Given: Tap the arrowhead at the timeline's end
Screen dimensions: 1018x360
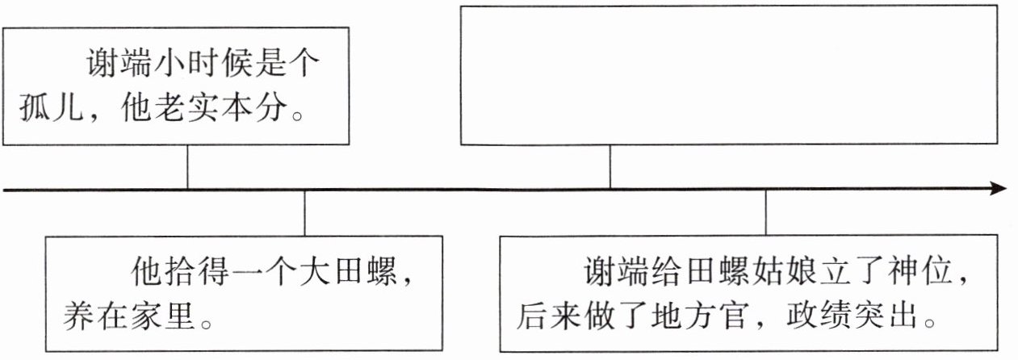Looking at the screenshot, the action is coord(999,189).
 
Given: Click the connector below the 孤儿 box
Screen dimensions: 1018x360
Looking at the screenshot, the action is coord(187,167).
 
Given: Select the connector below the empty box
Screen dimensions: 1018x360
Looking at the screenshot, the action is coord(610,167).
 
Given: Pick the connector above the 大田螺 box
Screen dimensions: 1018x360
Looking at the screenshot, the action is coord(304,213).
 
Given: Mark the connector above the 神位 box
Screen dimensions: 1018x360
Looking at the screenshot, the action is coord(765,213).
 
